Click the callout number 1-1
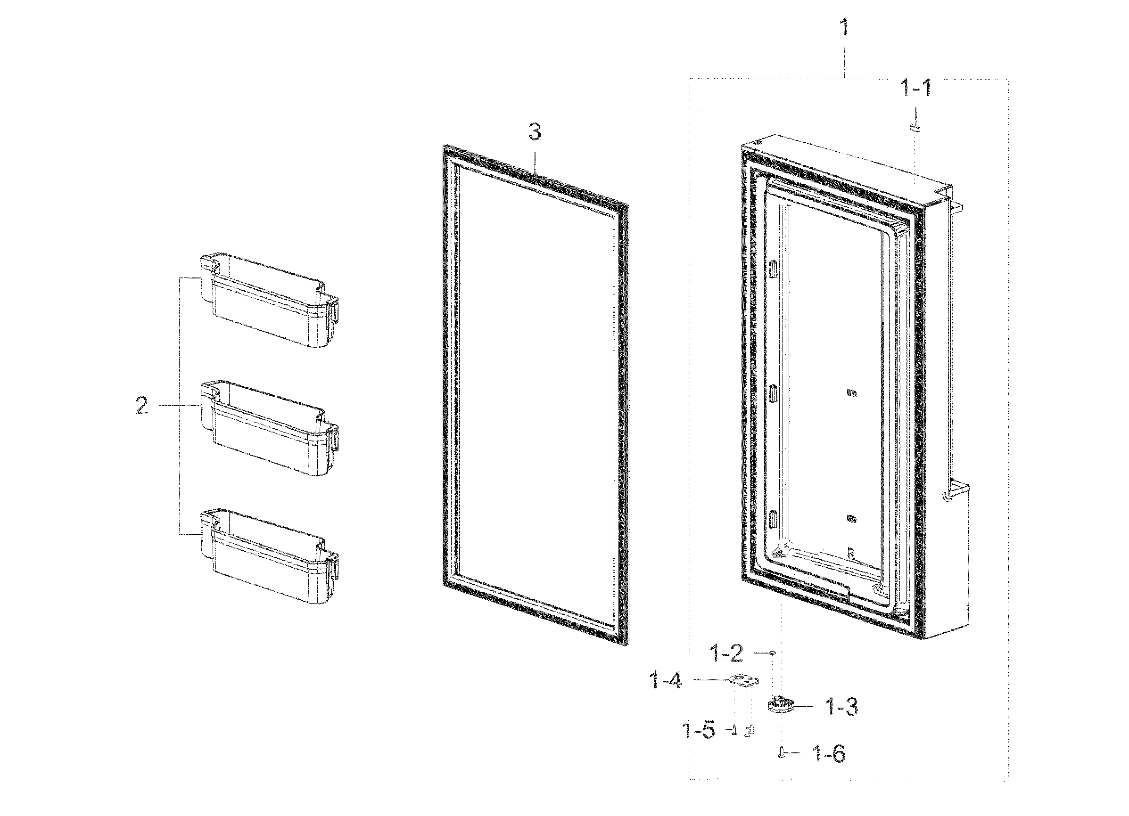(x=915, y=89)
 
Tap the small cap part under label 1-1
(x=915, y=128)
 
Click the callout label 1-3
(x=842, y=707)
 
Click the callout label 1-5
(x=699, y=731)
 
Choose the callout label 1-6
(x=828, y=754)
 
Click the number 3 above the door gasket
(x=534, y=132)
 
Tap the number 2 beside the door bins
(x=142, y=407)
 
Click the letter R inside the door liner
(x=851, y=554)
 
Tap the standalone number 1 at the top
(x=844, y=28)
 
